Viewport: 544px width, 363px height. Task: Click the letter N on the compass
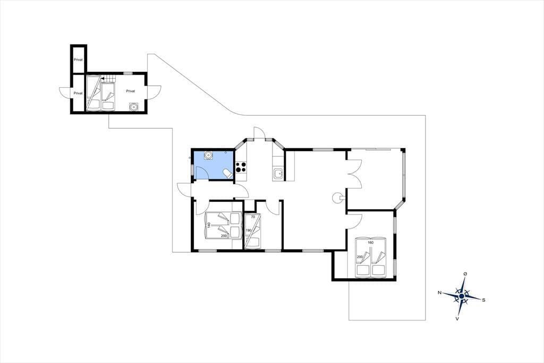click(439, 292)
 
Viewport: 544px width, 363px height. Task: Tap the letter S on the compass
click(483, 300)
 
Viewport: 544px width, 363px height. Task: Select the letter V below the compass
click(457, 318)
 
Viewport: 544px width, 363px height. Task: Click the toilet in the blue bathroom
click(227, 174)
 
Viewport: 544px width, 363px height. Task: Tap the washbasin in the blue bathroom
click(208, 155)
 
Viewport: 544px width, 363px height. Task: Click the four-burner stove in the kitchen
click(241, 167)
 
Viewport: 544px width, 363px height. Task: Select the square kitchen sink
click(278, 173)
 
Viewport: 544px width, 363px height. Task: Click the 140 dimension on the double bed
click(209, 225)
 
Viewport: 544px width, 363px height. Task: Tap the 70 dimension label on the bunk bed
click(253, 217)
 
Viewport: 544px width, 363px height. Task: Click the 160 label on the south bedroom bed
click(370, 242)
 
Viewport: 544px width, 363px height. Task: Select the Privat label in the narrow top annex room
click(78, 60)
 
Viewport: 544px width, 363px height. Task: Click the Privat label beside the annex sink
click(131, 91)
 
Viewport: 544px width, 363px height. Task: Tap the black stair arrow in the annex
click(103, 79)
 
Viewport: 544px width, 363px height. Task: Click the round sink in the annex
click(133, 106)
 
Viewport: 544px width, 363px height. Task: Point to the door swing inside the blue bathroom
click(202, 173)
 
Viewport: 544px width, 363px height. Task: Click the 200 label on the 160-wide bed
click(360, 257)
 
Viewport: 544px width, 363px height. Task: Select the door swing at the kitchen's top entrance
click(259, 133)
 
